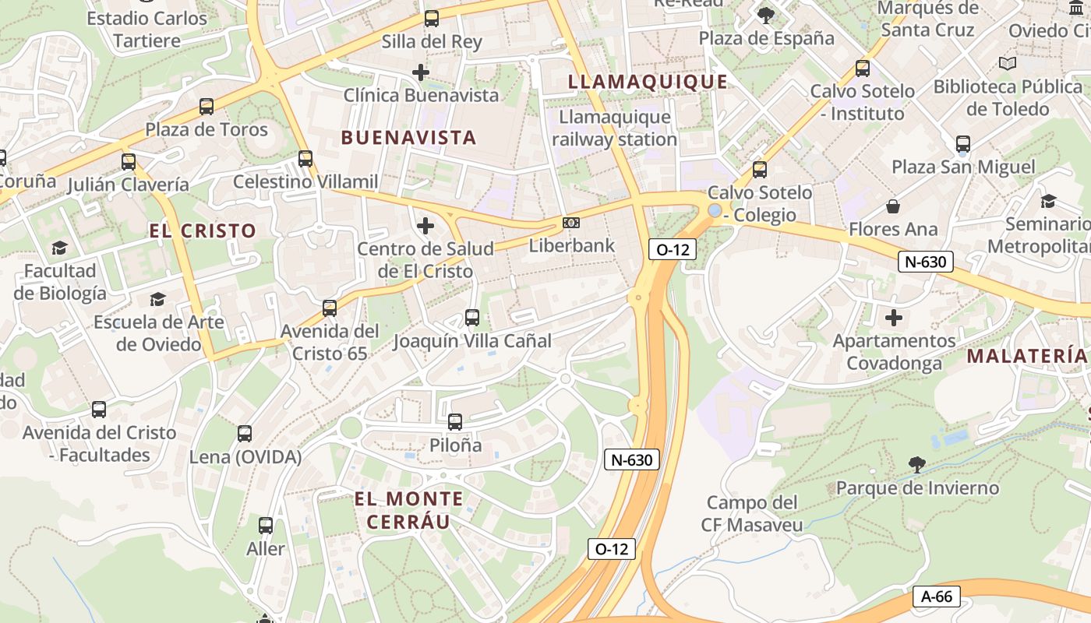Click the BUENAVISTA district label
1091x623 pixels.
click(x=408, y=138)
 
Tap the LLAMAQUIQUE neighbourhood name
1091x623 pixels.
click(x=648, y=82)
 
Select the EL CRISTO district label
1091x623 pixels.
click(x=203, y=231)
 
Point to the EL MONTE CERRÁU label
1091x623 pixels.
click(x=408, y=510)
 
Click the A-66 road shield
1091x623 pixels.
click(x=936, y=597)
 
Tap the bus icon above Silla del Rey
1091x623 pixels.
click(x=431, y=19)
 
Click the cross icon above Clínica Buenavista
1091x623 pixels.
click(x=421, y=72)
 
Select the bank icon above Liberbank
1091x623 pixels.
click(x=571, y=224)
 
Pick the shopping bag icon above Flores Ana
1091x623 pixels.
click(x=893, y=206)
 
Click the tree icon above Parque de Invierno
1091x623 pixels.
click(x=917, y=465)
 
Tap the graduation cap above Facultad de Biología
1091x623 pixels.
click(x=59, y=248)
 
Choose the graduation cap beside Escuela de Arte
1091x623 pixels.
click(x=158, y=299)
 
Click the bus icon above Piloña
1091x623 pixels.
click(x=455, y=422)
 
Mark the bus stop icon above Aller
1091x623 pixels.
click(x=266, y=526)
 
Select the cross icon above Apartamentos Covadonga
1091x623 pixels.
click(x=894, y=318)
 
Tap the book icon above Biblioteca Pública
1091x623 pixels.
click(x=1008, y=63)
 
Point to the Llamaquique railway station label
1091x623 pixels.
click(x=614, y=128)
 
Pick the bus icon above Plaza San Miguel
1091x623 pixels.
click(x=963, y=144)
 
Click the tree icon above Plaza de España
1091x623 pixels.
click(x=766, y=15)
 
